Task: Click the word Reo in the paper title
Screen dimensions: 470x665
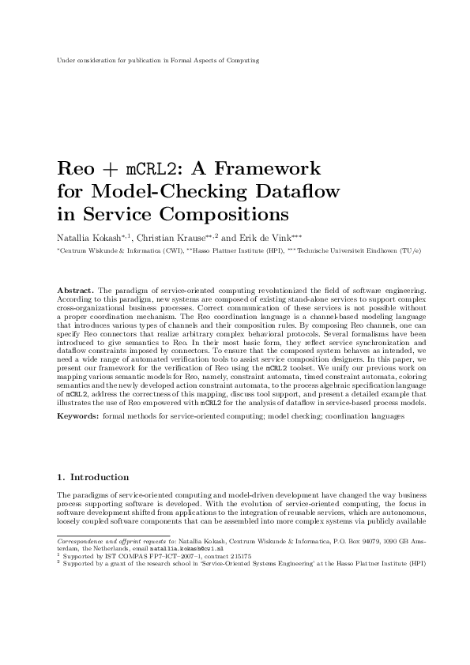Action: point(77,168)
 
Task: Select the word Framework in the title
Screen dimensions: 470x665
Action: point(270,168)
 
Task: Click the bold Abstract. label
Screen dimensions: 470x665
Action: point(77,292)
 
